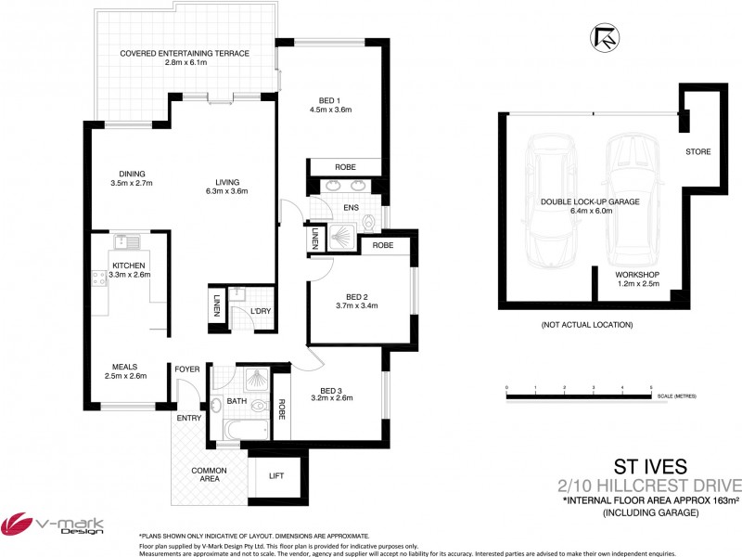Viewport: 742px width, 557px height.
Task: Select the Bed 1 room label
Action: [x=329, y=104]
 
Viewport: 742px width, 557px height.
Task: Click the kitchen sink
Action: [x=127, y=243]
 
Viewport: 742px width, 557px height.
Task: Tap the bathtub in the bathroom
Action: [x=246, y=429]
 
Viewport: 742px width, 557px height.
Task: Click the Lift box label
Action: [x=276, y=475]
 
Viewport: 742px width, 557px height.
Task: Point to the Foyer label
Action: [x=187, y=369]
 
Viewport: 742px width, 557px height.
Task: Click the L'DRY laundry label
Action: [x=261, y=311]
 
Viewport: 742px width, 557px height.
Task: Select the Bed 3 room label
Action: [x=337, y=394]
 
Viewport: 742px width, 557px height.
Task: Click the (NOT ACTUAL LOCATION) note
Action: [x=586, y=325]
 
